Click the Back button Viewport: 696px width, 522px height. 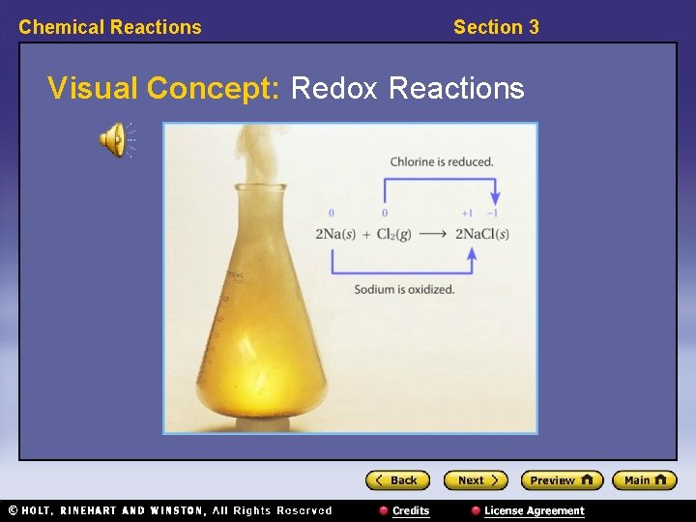pos(397,480)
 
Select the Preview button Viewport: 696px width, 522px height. pos(562,480)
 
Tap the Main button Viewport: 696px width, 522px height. pos(645,480)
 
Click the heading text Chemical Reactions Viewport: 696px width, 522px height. pos(110,27)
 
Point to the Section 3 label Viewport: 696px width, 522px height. pos(496,27)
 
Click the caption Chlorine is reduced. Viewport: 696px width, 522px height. pos(442,161)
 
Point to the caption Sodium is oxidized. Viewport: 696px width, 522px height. pos(404,289)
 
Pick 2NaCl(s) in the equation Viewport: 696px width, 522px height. pos(481,234)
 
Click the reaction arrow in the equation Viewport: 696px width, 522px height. pos(433,234)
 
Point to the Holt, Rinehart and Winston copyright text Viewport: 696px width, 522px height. pos(169,510)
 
